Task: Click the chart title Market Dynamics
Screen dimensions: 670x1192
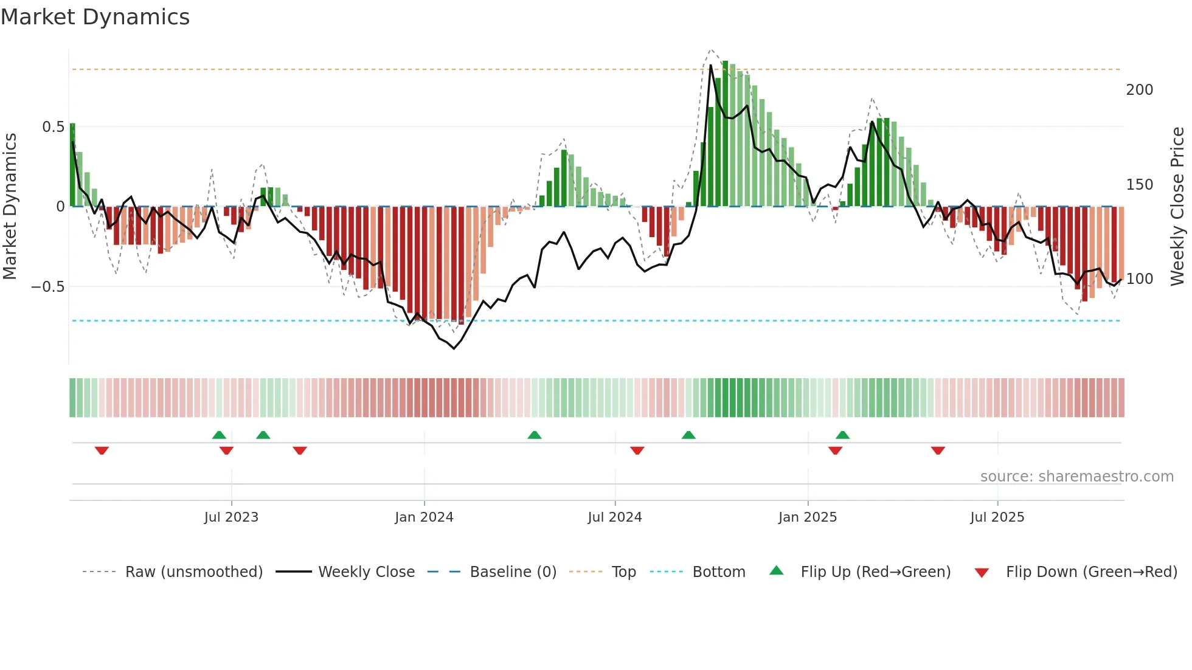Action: (x=95, y=17)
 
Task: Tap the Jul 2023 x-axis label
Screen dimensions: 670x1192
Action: (x=231, y=517)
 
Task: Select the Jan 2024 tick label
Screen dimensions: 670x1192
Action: (x=424, y=517)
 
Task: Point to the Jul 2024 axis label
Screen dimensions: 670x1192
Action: (x=615, y=517)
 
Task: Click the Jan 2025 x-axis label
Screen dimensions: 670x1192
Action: (x=808, y=517)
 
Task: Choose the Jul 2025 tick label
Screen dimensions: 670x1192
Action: (x=997, y=517)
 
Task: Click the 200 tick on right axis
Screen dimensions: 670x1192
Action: (x=1139, y=90)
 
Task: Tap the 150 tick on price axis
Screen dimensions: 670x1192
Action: (x=1139, y=185)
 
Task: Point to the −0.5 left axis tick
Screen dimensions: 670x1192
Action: (x=48, y=287)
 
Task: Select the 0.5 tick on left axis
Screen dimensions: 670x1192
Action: (x=53, y=127)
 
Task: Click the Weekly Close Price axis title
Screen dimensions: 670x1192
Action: (x=1177, y=206)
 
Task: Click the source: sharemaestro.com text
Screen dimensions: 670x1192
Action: (x=1076, y=477)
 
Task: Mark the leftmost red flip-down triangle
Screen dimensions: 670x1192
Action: (x=102, y=451)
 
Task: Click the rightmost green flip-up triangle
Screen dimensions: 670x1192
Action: (x=842, y=435)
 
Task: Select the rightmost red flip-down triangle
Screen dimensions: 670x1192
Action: (x=938, y=451)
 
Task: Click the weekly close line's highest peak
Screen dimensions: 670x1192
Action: (x=710, y=66)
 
